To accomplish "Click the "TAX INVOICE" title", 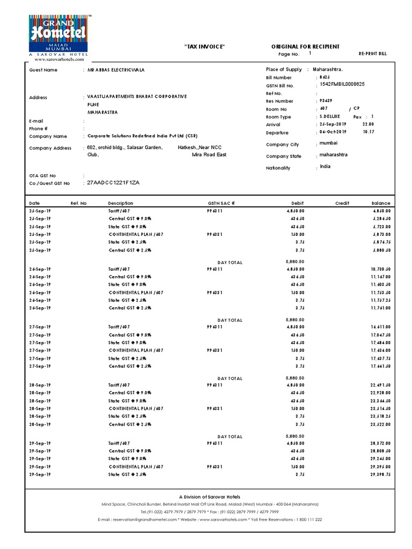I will [204, 47].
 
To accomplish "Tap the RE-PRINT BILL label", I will [372, 54].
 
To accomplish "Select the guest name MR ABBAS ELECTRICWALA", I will [116, 70].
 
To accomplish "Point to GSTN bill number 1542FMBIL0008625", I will [342, 85].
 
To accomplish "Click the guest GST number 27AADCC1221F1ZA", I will [113, 183].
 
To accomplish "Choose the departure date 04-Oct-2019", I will [333, 132].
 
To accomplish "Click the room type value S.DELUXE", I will [329, 116].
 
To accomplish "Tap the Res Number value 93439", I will [325, 101].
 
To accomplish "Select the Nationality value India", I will [325, 167].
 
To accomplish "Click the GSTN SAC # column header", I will [221, 204].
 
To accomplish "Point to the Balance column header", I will [380, 204].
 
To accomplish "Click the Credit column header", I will [342, 204].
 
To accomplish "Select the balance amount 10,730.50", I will [380, 269].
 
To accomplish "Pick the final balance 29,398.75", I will [380, 475].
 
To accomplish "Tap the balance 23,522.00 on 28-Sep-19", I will [380, 425].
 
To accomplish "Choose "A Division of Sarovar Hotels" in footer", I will [210, 497].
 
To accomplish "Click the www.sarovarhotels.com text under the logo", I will [59, 60].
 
